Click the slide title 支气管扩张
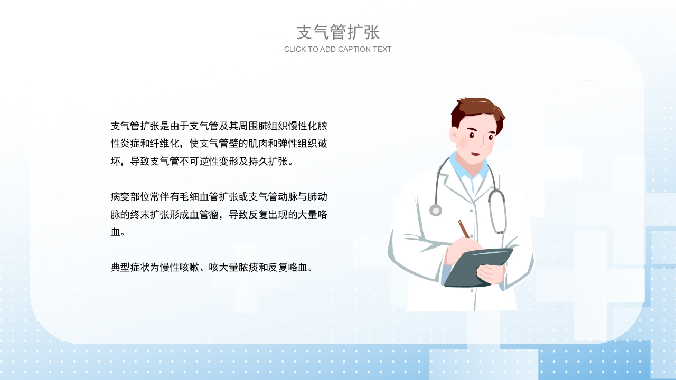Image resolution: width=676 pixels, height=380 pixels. (338, 32)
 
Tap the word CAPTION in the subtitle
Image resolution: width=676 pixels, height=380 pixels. (356, 49)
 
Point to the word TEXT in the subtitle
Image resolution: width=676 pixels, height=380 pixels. (383, 49)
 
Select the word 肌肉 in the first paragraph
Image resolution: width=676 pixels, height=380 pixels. (258, 144)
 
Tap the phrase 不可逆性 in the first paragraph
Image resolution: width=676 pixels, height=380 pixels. (199, 161)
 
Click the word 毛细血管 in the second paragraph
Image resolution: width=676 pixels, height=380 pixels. (199, 197)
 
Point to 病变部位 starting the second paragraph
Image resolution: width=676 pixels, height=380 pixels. (130, 197)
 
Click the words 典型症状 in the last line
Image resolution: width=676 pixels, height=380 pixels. (130, 267)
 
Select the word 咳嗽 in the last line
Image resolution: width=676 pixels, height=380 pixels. (189, 267)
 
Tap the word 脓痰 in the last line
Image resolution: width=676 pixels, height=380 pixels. (248, 267)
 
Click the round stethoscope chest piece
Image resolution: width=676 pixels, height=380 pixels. (436, 210)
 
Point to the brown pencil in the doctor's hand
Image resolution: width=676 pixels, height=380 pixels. (464, 229)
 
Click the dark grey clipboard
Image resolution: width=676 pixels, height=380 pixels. (478, 268)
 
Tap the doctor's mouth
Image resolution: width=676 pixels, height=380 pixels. (476, 154)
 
